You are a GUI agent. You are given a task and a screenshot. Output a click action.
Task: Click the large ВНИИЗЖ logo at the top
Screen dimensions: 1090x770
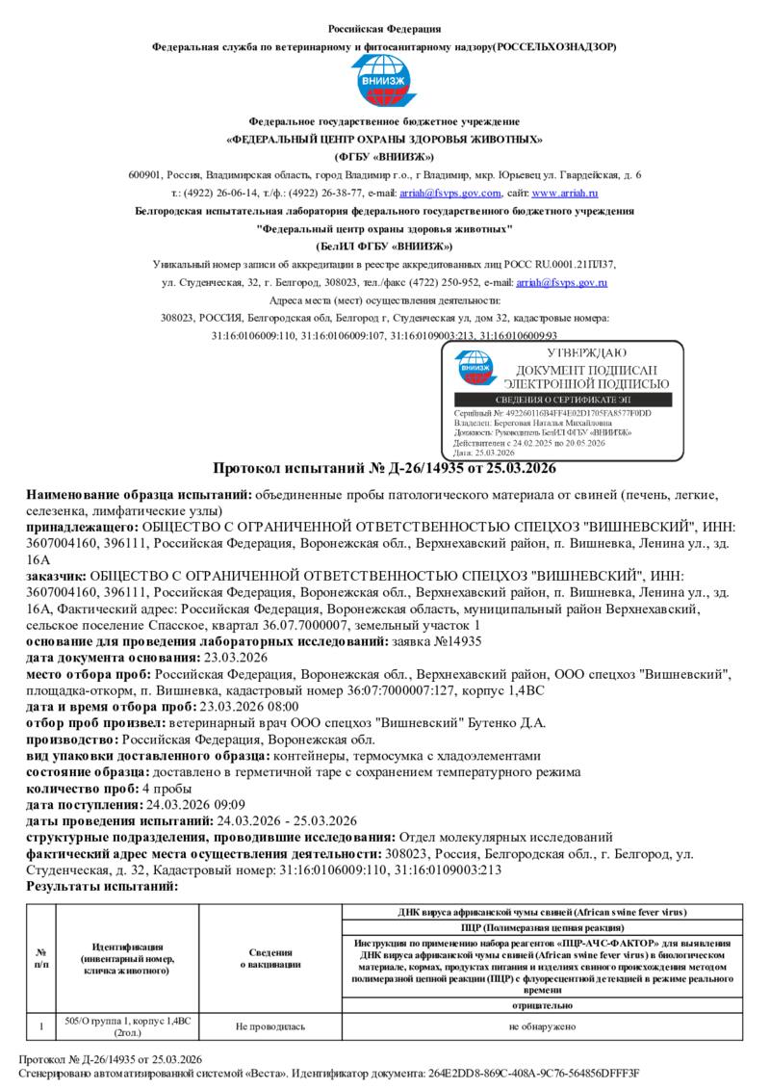click(384, 82)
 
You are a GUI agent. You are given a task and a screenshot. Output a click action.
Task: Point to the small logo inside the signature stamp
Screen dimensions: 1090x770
click(475, 368)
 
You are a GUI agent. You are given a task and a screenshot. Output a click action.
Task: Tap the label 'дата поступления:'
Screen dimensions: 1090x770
click(85, 804)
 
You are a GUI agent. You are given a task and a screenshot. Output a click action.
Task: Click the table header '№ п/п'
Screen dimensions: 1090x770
click(41, 958)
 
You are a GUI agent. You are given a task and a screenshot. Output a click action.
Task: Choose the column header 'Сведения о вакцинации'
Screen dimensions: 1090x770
click(270, 958)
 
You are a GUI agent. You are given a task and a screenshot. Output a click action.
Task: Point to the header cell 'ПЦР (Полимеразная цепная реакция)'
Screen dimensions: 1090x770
click(542, 926)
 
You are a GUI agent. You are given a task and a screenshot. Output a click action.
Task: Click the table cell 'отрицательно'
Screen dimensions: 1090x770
click(542, 1004)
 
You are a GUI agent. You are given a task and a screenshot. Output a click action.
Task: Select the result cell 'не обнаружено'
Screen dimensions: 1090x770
click(542, 1027)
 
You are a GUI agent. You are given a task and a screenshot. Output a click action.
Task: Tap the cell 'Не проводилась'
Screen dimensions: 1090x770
click(270, 1027)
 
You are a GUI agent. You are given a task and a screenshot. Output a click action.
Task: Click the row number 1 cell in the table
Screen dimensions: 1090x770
click(41, 1027)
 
